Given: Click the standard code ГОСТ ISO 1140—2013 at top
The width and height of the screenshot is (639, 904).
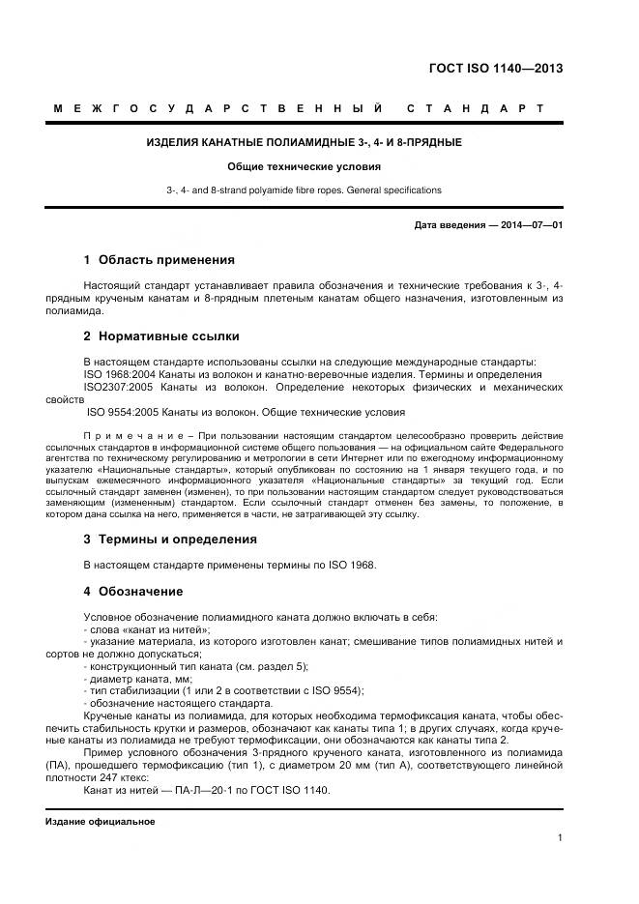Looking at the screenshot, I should [496, 69].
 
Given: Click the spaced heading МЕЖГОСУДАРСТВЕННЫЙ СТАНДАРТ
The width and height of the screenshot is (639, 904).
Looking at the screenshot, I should [299, 108].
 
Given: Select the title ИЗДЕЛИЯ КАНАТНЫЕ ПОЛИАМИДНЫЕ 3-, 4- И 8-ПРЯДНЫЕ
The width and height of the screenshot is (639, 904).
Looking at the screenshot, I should [304, 142].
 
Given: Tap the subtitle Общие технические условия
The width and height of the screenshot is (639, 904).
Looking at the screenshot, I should [304, 166].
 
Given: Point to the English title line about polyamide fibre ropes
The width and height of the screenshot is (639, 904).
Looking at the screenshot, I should [304, 190].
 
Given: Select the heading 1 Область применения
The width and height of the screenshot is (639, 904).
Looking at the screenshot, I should [159, 260].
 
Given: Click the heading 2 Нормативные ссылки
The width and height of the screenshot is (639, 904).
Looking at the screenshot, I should [160, 336].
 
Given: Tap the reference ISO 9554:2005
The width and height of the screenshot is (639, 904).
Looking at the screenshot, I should [121, 412].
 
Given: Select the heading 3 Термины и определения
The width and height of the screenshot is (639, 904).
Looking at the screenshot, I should [170, 539].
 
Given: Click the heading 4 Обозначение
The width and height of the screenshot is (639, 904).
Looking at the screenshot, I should [133, 591].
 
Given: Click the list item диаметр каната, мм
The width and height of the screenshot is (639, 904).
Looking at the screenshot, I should [137, 679].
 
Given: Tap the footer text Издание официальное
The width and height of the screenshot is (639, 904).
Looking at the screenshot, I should [100, 821].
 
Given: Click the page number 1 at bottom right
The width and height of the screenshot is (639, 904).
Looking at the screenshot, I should [561, 838].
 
